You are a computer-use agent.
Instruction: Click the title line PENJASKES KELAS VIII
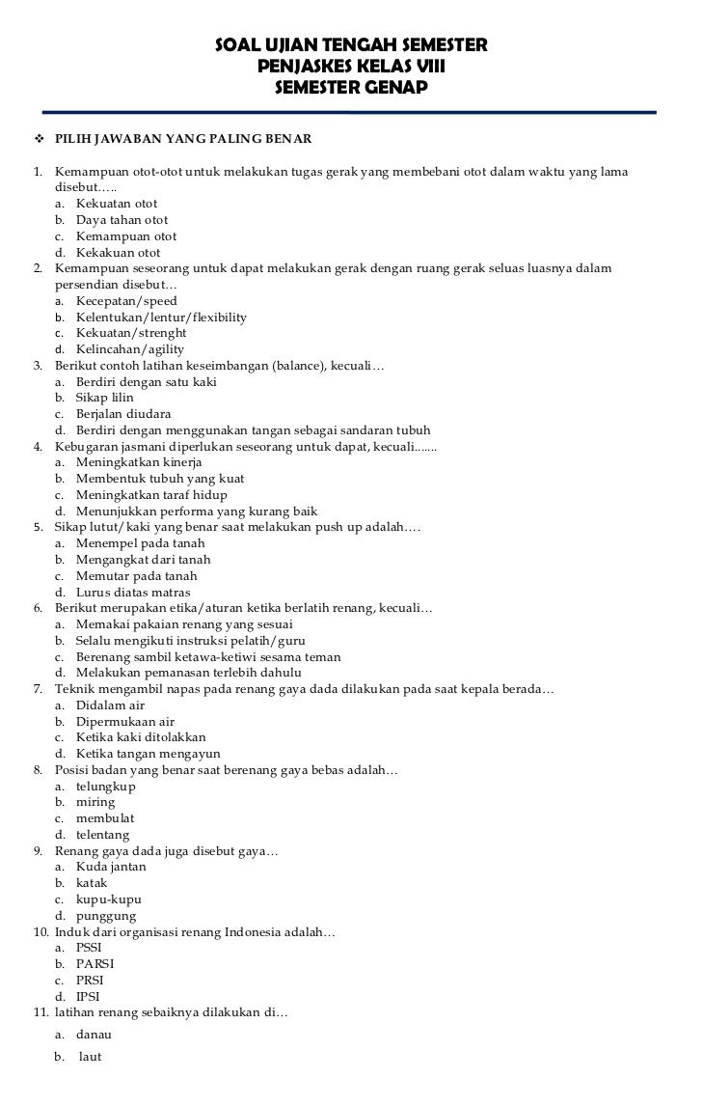(x=351, y=68)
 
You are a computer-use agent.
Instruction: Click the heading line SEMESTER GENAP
(x=351, y=89)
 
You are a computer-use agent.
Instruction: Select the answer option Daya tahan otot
(x=121, y=220)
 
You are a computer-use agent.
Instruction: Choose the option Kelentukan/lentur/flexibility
(x=161, y=317)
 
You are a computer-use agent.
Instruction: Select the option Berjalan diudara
(x=122, y=414)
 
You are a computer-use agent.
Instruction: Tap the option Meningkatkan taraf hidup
(x=145, y=495)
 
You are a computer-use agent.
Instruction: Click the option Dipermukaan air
(x=125, y=722)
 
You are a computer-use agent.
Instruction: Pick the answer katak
(x=92, y=883)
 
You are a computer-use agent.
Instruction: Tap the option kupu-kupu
(x=106, y=899)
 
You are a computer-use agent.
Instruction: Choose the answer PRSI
(x=90, y=981)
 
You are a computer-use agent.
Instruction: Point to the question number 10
(x=40, y=932)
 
